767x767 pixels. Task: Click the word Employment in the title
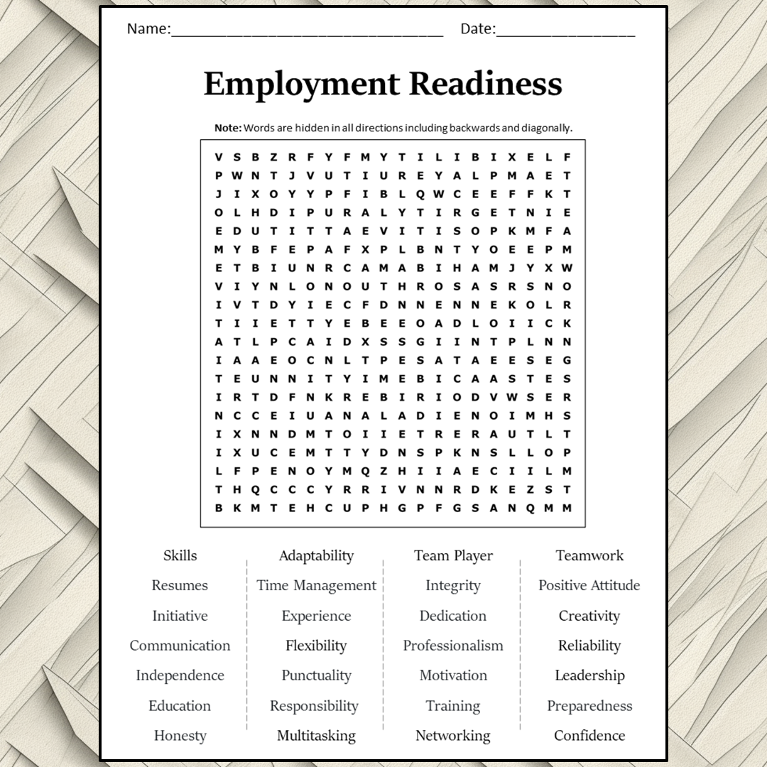pos(303,84)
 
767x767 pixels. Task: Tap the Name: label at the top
pos(148,29)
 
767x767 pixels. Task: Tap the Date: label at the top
pos(478,29)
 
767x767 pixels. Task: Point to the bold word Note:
pos(228,128)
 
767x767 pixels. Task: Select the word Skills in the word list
pos(180,555)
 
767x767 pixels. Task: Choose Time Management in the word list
pos(316,585)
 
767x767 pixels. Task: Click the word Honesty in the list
pos(180,736)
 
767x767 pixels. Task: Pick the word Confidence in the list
pos(589,736)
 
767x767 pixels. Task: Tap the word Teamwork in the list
pos(589,555)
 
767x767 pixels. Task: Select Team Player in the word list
pos(453,555)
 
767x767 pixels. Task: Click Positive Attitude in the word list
pos(589,585)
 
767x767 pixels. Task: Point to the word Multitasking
pos(316,736)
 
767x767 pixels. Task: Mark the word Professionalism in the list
pos(453,646)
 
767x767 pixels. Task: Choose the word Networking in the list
pos(453,736)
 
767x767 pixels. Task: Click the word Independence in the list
pos(180,675)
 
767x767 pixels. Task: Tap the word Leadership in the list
pos(589,675)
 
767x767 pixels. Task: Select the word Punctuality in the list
pos(316,675)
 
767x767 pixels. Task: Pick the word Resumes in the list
pos(180,585)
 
